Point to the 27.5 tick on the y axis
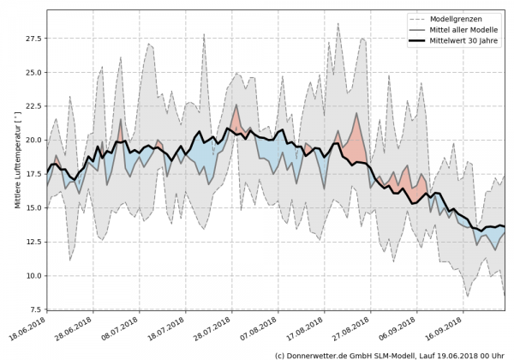pos(33,39)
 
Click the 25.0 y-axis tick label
pos(33,72)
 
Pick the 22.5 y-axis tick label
pos(33,106)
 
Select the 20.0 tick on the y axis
pos(33,140)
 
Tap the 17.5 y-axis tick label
pos(33,174)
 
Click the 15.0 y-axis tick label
pos(33,207)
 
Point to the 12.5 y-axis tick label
pos(33,242)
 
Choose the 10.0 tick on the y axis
pos(33,275)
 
